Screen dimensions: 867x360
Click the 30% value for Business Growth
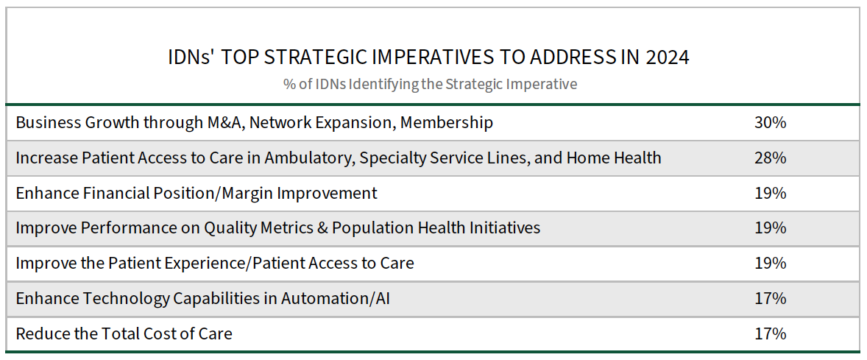coord(771,122)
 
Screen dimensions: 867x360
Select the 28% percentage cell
coord(771,158)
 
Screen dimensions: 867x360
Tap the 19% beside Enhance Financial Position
coord(771,193)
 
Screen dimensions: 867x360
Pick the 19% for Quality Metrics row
coord(771,227)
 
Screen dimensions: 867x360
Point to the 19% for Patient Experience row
coord(771,264)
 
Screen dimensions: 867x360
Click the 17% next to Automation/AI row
coord(771,299)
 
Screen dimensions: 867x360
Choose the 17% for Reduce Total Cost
coord(771,333)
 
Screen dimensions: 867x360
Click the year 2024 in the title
coord(668,57)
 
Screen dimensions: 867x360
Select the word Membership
coord(447,122)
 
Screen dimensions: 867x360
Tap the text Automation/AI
coord(336,299)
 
